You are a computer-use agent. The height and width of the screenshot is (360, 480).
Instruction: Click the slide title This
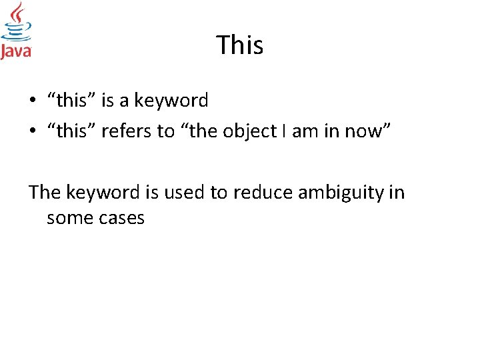coord(240,45)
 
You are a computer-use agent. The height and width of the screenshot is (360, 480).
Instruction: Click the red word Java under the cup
coord(16,51)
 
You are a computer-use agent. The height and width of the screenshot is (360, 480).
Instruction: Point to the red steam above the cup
coord(17,13)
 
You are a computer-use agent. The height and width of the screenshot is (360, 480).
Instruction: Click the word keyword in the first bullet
coord(171,101)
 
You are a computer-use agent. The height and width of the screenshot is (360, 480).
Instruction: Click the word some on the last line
coord(68,218)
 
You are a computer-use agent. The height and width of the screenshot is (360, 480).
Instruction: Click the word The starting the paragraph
coord(45,193)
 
